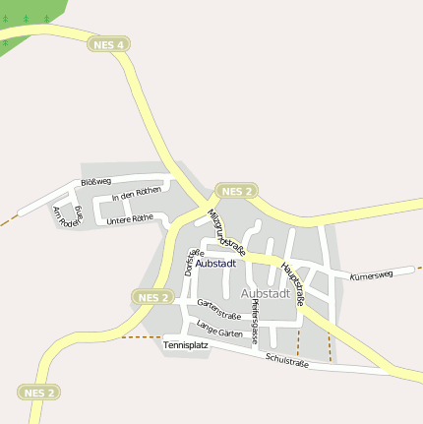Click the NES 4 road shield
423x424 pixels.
[107, 44]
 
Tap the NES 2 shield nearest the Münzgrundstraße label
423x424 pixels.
[237, 190]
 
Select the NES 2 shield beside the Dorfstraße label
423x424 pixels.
[153, 297]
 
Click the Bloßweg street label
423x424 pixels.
[95, 183]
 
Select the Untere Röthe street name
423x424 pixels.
[130, 218]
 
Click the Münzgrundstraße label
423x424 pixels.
[225, 232]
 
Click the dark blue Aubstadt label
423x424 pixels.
[215, 264]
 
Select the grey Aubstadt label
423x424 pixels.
[265, 293]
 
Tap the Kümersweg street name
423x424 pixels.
[371, 275]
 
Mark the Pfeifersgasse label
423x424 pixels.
[254, 322]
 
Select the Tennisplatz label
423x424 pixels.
[186, 346]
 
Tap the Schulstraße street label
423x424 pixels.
[287, 362]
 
